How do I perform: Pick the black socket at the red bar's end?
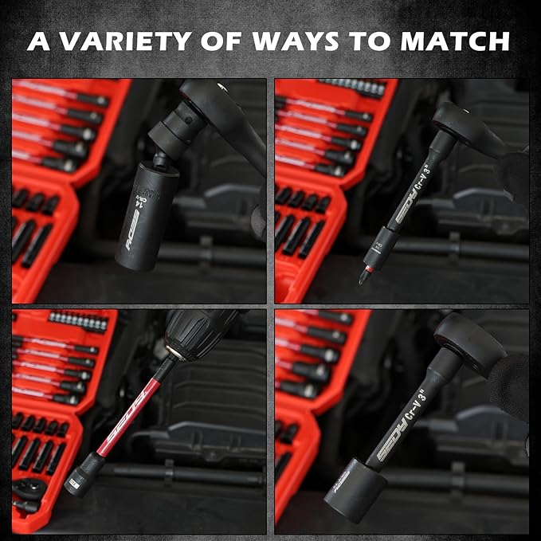click(80, 482)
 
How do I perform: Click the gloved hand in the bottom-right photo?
click(510, 382)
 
